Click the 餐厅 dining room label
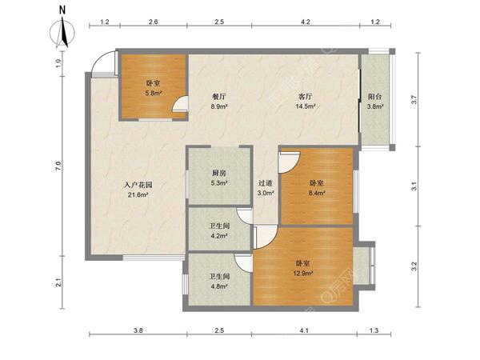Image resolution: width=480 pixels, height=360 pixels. pos(219,97)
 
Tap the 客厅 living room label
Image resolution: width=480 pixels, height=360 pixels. pos(306,97)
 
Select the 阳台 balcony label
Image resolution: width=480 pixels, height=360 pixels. pos(375,97)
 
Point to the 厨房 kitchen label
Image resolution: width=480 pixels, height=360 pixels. pos(219,174)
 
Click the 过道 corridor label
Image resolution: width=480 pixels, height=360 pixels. pos(265,183)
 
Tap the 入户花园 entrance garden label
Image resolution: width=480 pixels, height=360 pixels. pos(138,185)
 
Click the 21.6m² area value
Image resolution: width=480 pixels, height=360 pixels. pos(138,194)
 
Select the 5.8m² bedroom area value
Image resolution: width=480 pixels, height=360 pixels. pos(154,93)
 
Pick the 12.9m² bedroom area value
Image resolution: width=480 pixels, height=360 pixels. pos(303,274)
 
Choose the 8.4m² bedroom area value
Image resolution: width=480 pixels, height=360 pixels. pos(317,193)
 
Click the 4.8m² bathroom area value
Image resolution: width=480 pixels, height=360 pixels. pos(218,286)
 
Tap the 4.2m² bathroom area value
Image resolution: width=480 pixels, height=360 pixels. pos(218,236)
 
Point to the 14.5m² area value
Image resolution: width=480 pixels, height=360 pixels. pos(306,106)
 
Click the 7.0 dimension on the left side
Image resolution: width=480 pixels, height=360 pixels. pos(58,166)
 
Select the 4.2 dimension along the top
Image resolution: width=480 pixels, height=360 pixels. pos(306,22)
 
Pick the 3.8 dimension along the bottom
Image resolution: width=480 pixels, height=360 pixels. pos(138,330)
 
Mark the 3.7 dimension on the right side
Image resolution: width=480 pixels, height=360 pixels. pos(414,100)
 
